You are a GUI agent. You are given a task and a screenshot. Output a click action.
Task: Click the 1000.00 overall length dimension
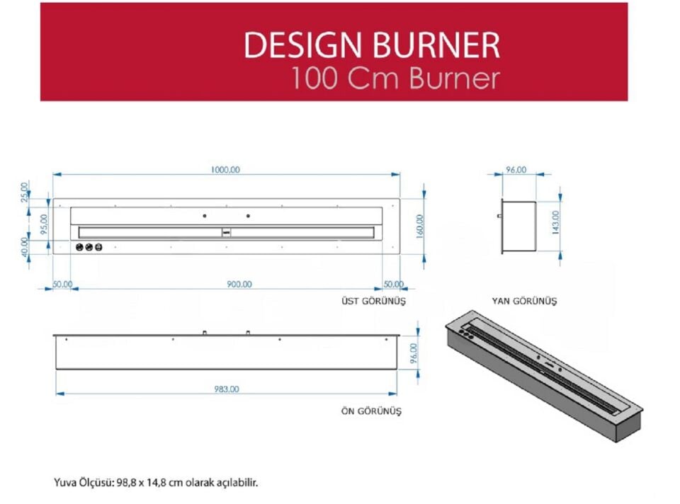point(225,169)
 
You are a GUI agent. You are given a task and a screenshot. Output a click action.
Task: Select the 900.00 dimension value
point(239,284)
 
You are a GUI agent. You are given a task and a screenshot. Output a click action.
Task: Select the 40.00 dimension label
point(25,246)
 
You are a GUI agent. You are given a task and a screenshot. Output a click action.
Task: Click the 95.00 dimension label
point(44,224)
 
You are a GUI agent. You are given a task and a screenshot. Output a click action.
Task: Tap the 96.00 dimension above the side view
point(516,169)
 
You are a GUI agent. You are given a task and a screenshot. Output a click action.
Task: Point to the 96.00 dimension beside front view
point(414,351)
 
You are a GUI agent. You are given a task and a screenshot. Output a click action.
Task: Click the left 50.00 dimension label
point(62,284)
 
